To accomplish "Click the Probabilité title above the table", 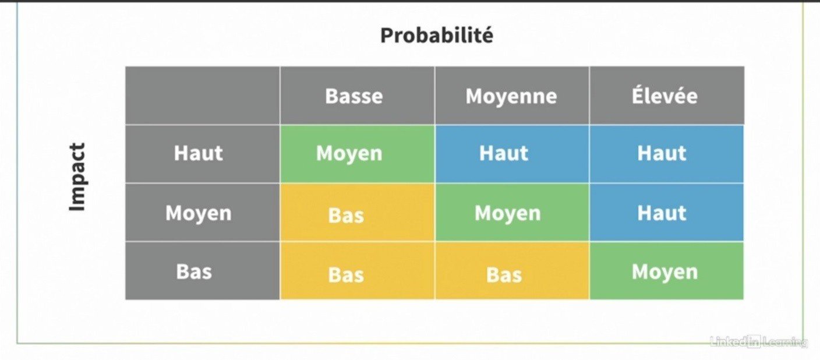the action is (437, 36).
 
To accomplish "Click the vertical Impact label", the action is (77, 177).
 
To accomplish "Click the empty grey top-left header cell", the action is (203, 95).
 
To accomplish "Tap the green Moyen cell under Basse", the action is (357, 154).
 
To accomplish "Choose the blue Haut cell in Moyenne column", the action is (512, 154).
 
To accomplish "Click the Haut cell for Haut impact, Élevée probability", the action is (667, 154).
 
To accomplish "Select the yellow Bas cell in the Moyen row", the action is (357, 213).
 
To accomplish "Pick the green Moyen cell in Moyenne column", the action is (512, 213).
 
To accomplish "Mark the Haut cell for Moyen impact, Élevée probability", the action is (667, 213).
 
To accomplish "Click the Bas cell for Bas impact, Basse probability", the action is (357, 271).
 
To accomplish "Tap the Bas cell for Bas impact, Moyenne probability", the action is (512, 271).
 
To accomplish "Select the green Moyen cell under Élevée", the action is (667, 271).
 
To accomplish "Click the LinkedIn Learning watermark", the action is (758, 342).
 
